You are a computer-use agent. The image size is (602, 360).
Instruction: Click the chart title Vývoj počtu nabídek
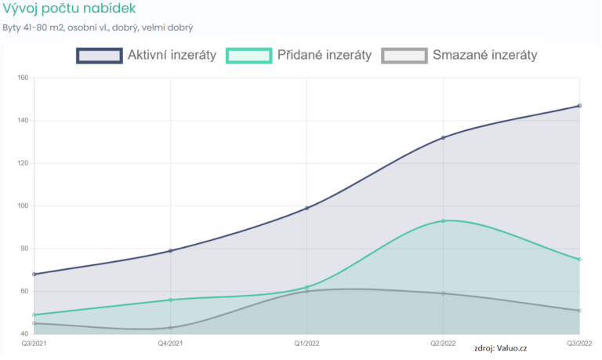pos(69,9)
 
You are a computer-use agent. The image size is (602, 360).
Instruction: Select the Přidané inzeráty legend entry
pos(299,55)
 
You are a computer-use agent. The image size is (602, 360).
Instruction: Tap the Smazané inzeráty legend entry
pos(459,55)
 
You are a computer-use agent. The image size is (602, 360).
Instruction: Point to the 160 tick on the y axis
pos(22,78)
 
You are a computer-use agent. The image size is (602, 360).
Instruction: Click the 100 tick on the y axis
pos(22,206)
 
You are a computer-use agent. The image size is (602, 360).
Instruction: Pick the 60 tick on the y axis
pos(22,291)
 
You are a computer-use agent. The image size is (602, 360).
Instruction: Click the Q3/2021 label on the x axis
pos(34,344)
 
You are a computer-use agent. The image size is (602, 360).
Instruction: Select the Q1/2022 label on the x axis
pos(306,344)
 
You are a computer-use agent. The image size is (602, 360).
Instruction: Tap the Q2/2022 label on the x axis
pos(443,344)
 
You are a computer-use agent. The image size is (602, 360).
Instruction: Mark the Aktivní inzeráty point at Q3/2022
pos(579,106)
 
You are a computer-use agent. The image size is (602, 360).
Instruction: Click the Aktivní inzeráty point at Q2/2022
pos(443,138)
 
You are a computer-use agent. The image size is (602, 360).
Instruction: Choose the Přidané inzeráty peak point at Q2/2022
pos(443,220)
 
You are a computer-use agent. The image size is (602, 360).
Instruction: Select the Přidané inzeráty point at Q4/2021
pos(170,300)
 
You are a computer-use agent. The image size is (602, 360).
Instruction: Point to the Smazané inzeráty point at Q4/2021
pos(170,328)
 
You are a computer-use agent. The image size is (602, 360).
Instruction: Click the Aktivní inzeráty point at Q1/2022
pos(306,208)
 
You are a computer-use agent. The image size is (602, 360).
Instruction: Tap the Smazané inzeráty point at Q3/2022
pos(579,311)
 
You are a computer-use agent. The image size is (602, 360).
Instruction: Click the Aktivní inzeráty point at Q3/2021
pos(34,274)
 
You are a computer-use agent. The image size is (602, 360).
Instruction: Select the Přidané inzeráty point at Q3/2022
pos(579,259)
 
